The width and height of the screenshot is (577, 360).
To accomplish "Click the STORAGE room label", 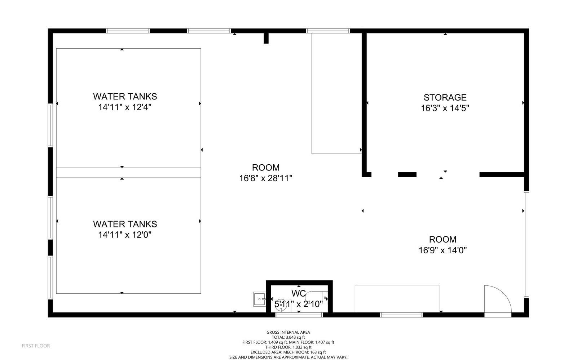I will coord(445,97).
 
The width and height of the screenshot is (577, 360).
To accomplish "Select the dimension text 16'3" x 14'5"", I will coord(445,108).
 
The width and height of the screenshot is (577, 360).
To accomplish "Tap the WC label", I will coord(299,293).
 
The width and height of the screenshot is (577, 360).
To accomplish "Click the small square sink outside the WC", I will coord(259,299).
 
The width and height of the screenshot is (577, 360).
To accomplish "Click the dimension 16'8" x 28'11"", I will coord(265,178).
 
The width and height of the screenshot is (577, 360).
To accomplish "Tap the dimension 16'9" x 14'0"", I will coord(442,250).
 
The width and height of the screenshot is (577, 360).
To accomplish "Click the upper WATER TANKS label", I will coord(125,96).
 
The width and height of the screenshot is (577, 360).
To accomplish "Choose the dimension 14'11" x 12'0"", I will coord(125,235).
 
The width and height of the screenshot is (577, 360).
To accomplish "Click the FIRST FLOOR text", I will coord(36,346).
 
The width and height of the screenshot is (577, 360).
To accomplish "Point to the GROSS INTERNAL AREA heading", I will coord(288,332).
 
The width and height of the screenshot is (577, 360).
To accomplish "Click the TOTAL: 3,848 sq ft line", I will coord(288,337).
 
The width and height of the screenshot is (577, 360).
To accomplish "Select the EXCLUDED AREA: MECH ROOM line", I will coord(288,352).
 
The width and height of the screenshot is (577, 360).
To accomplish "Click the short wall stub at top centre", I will coord(266,38).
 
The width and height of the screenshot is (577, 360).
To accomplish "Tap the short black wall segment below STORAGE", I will coord(407,175).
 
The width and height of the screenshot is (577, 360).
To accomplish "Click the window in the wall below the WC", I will coord(299,315).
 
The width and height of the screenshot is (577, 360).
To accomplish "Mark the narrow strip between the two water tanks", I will coord(128,173).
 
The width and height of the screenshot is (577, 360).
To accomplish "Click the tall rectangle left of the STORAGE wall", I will coord(336,94).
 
